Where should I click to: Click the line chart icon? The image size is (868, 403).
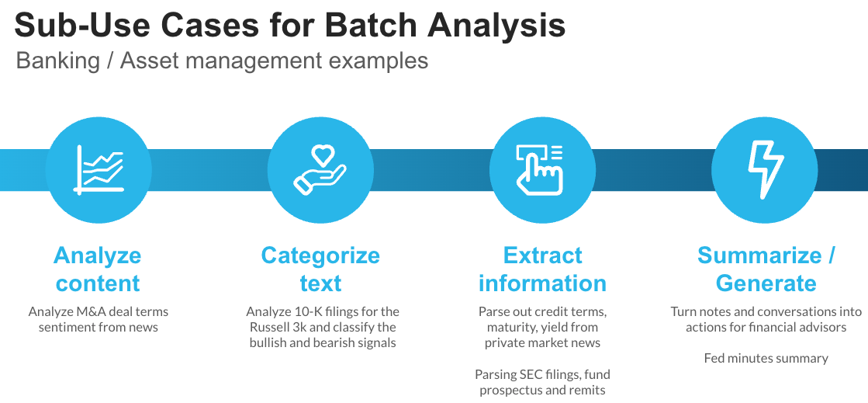(99, 170)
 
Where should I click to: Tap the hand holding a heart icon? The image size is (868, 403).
(320, 170)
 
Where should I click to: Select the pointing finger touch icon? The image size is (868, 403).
(542, 170)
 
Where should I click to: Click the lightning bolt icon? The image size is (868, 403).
(765, 170)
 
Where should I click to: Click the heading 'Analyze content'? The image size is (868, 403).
(98, 269)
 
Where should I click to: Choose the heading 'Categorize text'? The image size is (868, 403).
(320, 269)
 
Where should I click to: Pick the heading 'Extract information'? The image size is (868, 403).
(542, 269)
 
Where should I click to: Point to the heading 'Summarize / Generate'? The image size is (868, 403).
(766, 269)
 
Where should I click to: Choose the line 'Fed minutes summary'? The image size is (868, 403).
(766, 358)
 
